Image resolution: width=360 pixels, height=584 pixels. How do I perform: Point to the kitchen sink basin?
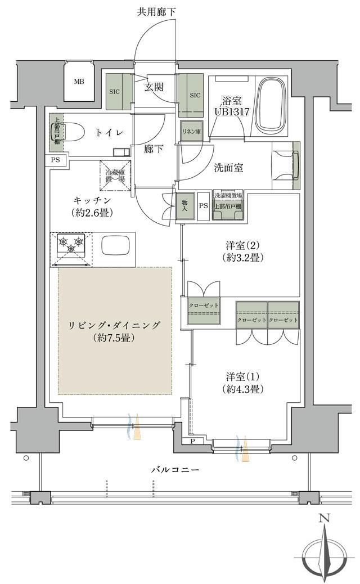coord(115,246)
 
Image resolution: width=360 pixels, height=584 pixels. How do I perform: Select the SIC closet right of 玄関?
coord(191,95)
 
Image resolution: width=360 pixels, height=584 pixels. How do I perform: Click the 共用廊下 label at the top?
coord(156,12)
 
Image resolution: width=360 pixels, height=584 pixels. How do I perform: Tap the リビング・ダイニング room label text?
coord(114,326)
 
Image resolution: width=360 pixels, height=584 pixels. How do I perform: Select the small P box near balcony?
coord(192,441)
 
